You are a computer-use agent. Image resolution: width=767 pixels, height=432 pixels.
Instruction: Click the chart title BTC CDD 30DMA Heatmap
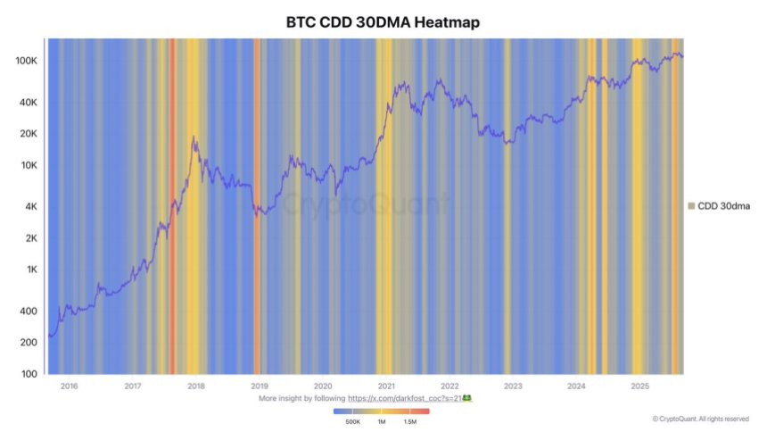pos(383,22)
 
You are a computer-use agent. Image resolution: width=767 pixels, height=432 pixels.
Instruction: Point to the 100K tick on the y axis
pos(26,61)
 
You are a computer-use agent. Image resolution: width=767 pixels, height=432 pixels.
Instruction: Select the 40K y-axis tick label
pos(28,103)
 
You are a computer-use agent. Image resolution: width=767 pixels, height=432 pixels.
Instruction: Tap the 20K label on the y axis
pos(28,134)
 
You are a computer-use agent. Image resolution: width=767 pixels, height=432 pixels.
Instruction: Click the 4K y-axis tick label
pos(30,207)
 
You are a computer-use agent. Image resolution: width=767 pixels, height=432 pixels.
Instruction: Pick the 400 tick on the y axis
pos(29,312)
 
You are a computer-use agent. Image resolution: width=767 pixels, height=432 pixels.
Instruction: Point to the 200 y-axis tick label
pos(29,343)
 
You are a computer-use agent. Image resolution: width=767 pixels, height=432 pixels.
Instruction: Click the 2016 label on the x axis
pos(68,386)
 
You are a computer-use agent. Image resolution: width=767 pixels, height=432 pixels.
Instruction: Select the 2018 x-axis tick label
pos(195,386)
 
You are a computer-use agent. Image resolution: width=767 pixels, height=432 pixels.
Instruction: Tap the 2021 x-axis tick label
pos(386,386)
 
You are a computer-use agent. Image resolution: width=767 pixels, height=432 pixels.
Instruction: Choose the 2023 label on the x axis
pos(513,386)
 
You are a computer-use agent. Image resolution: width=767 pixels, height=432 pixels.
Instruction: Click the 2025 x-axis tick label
pos(639,386)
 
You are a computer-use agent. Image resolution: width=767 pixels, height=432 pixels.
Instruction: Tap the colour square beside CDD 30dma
pos(691,206)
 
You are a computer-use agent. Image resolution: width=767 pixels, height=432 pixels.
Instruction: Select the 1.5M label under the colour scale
pos(411,421)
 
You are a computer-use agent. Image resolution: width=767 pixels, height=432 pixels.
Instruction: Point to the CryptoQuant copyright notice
pos(700,418)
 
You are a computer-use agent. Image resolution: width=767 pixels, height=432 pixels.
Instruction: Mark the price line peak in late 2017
pos(194,137)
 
